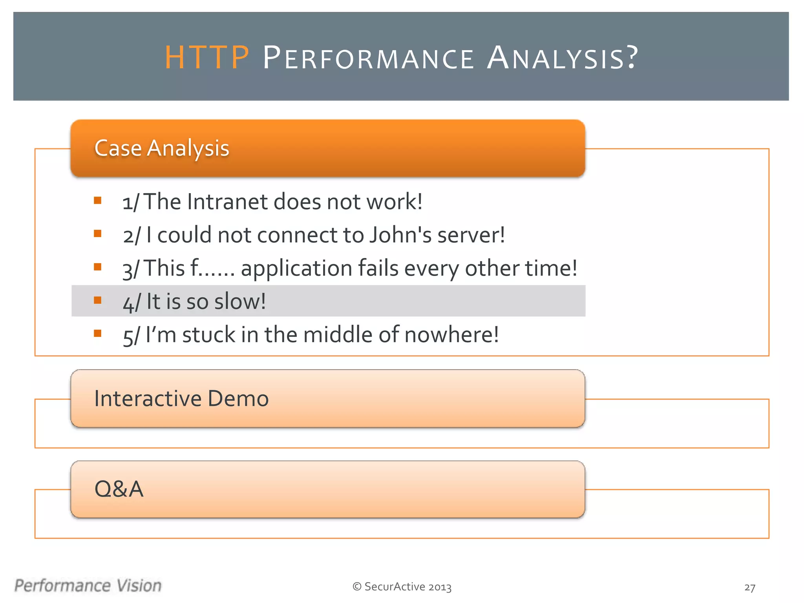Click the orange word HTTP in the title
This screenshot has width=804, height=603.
click(206, 58)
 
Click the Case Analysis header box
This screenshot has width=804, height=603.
click(328, 148)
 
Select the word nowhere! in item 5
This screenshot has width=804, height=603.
click(451, 335)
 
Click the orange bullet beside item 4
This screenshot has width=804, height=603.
click(98, 300)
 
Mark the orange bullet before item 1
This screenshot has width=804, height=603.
click(98, 201)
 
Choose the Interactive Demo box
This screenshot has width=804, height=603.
click(328, 398)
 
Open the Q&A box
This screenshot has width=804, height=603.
click(328, 490)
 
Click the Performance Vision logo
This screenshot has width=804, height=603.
click(88, 586)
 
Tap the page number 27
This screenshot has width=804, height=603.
click(749, 587)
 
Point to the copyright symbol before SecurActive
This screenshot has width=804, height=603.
click(357, 587)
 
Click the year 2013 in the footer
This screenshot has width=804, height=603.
click(440, 587)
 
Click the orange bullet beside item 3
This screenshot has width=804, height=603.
click(98, 267)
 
